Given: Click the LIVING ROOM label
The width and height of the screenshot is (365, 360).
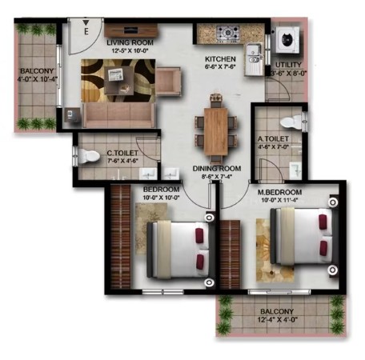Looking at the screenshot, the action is point(130,42).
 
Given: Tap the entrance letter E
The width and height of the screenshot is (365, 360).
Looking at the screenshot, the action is point(86,31).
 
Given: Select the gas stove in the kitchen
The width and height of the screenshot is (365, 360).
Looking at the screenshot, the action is point(228,33).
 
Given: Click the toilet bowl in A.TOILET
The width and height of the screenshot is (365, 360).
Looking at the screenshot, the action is point(291,122).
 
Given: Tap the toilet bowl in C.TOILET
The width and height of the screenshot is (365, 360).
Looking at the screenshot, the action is point(89,157).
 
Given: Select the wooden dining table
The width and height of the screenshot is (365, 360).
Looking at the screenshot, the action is point(216,131).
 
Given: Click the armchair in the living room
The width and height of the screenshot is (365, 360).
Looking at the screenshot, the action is point(169,82).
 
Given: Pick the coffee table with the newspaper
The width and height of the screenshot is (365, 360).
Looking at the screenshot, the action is point(118,80).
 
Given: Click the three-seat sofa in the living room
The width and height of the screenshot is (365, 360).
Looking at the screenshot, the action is point(118,115).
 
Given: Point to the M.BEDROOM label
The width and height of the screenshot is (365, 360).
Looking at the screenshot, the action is point(279,192).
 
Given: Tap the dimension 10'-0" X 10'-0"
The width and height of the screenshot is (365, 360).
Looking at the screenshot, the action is point(161,198).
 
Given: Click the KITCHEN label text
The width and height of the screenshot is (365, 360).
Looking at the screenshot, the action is point(220,59).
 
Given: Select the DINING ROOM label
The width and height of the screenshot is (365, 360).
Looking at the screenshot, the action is point(217,169).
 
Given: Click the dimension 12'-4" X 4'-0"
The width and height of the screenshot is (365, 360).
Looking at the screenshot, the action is point(278,319).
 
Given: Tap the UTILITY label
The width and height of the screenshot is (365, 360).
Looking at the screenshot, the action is point(288,65).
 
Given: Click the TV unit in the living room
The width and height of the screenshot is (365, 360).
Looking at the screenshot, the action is point(130,30).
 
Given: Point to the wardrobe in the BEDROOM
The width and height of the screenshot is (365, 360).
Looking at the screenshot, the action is point(120,237).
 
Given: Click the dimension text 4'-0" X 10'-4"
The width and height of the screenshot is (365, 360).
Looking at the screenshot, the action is point(38,79).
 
